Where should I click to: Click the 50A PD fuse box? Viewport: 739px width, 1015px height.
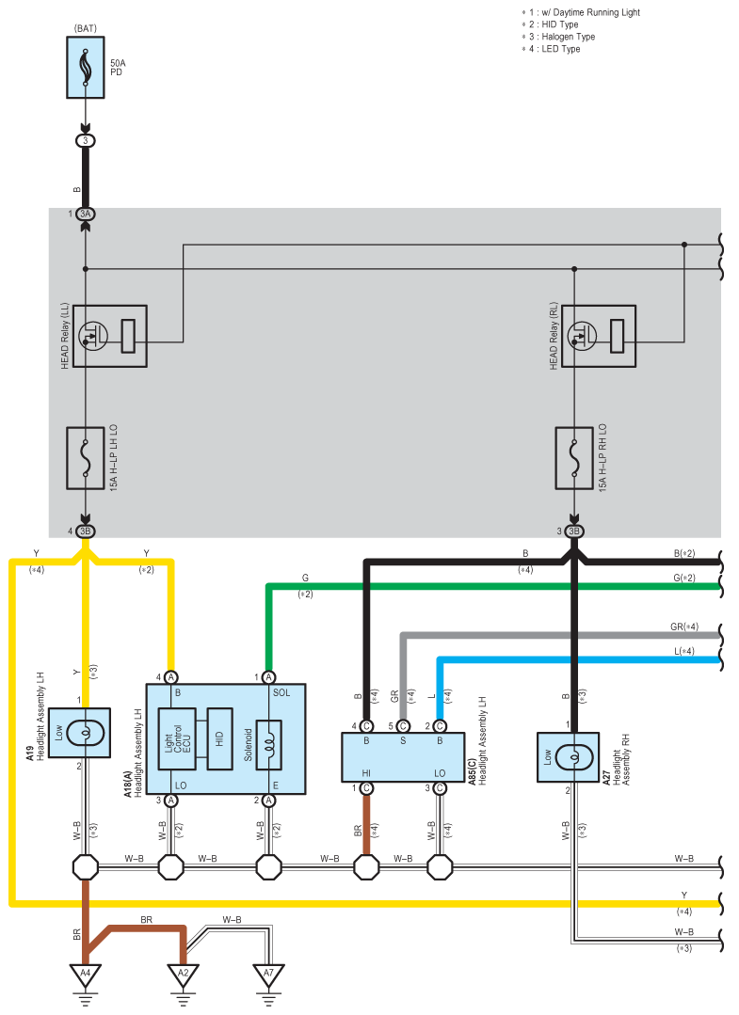tap(86, 68)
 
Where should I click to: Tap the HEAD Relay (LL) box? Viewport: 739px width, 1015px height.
tap(110, 336)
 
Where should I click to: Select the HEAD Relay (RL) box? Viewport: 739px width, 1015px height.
tap(599, 336)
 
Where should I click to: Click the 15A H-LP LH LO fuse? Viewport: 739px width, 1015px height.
tap(86, 458)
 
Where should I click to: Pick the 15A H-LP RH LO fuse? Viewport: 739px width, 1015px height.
tap(574, 458)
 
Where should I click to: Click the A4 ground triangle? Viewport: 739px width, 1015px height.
tap(86, 975)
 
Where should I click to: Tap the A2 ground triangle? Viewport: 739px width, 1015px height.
tap(184, 975)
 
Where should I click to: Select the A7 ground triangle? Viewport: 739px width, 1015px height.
tap(269, 975)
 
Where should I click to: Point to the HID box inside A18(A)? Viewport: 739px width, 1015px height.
tap(219, 738)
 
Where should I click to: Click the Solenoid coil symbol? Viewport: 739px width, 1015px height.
tap(269, 745)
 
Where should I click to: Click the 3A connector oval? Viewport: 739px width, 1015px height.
tap(86, 214)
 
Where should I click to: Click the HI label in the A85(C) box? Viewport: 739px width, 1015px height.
tap(366, 773)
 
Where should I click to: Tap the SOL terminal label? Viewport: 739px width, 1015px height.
tap(281, 692)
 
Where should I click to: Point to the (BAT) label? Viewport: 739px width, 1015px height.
tap(86, 28)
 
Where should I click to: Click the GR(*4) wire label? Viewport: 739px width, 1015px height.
tap(684, 626)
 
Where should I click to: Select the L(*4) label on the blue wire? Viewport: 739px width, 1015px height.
tap(684, 651)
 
